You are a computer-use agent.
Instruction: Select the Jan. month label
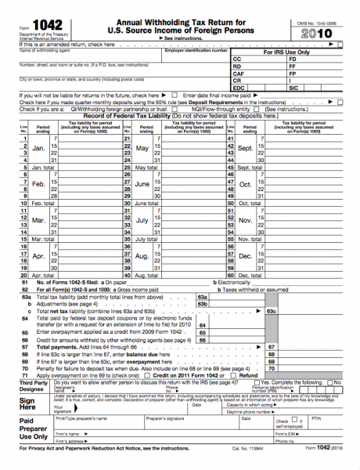(38, 146)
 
